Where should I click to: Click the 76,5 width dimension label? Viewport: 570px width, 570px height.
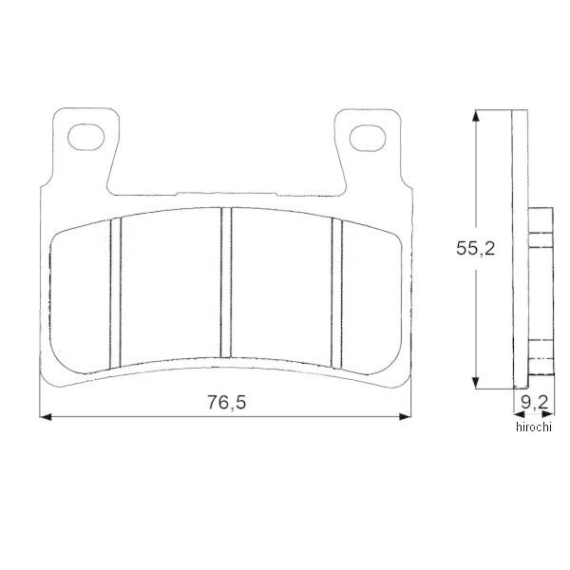tap(226, 403)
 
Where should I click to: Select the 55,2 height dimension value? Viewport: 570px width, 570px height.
tap(476, 249)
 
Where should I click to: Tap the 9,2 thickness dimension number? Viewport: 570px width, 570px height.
tap(534, 402)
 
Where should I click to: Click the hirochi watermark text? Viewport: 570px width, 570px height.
tap(534, 427)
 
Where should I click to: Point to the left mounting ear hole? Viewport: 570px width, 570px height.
tap(86, 137)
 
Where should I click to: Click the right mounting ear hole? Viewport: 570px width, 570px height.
tap(368, 138)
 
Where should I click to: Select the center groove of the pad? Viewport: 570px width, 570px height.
tap(226, 282)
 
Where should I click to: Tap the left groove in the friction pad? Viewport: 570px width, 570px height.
tap(115, 293)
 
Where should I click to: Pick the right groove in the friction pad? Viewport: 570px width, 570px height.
tap(337, 293)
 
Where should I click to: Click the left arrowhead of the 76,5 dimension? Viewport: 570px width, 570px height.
tap(45, 417)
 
